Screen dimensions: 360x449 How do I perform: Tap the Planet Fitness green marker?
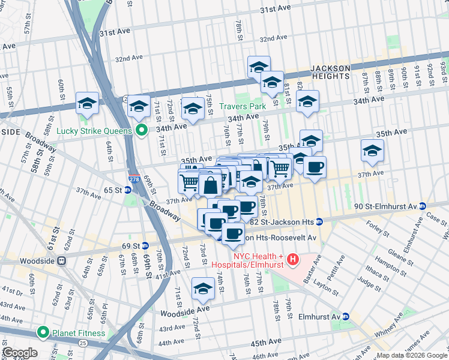(x=43, y=333)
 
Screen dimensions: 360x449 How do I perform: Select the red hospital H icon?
(x=293, y=260)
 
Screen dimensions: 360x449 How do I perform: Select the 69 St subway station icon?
(x=145, y=246)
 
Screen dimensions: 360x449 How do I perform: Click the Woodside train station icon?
(x=61, y=262)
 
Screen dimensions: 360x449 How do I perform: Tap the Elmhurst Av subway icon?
(x=346, y=316)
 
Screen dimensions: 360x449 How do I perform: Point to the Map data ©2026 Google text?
(x=412, y=355)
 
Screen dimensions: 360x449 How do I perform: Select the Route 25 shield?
(x=82, y=343)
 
